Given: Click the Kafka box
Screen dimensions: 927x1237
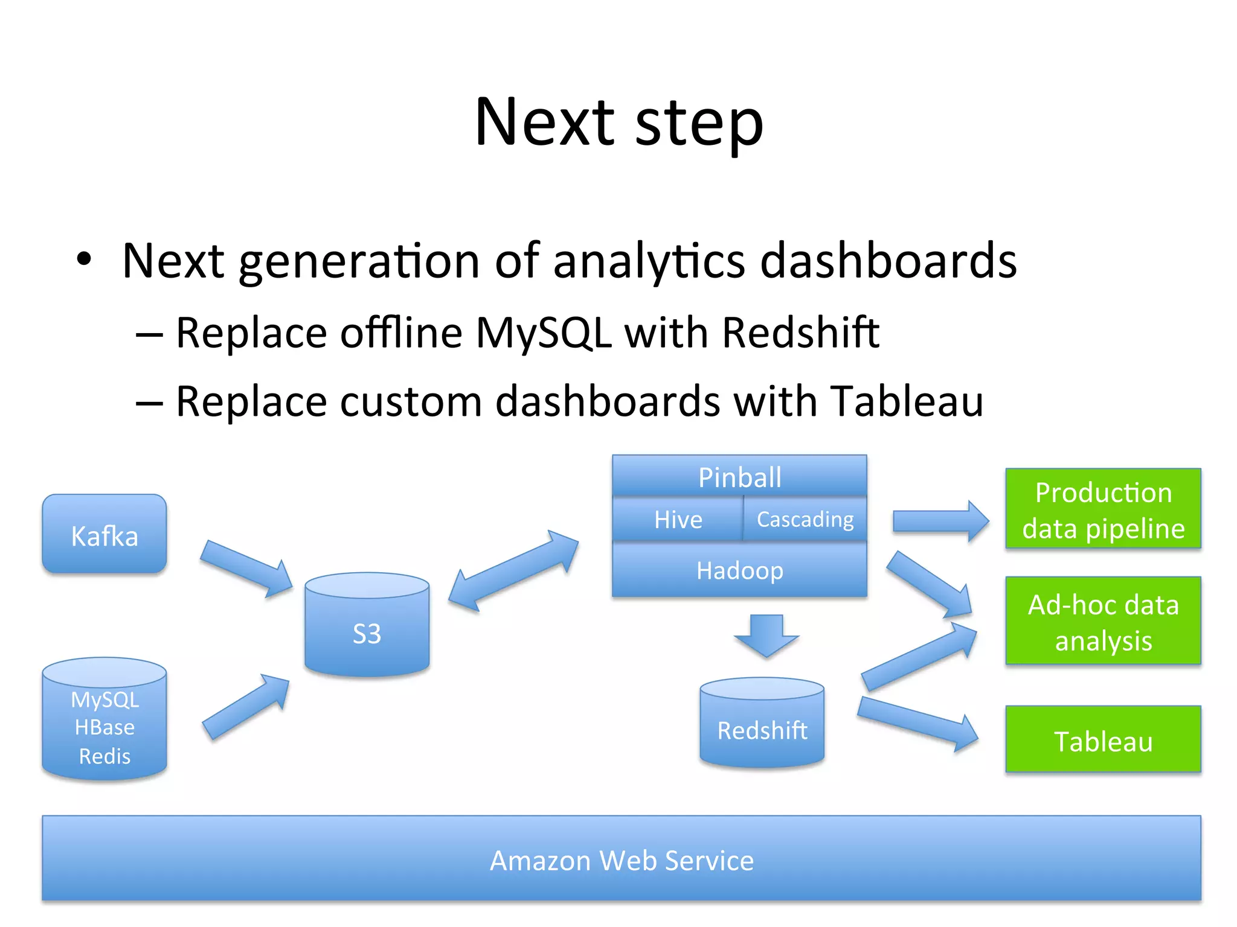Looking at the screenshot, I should (x=104, y=535).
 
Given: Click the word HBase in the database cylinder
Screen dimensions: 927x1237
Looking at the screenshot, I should (x=104, y=727).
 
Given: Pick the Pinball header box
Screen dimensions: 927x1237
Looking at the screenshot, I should (x=739, y=477).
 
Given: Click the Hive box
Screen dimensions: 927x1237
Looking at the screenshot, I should (x=678, y=520).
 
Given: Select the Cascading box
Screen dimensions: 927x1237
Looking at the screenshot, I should (x=805, y=520).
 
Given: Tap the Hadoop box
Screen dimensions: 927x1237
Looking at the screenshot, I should (x=739, y=570).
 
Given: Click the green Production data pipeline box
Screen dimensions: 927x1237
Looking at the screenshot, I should (x=1103, y=509).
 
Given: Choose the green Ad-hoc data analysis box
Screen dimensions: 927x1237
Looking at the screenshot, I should (x=1103, y=622).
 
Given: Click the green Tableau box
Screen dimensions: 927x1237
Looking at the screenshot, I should (x=1103, y=741).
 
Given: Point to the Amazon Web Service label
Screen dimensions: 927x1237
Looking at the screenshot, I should (x=621, y=860).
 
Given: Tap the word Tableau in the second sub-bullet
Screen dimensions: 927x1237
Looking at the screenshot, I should (x=906, y=401).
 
